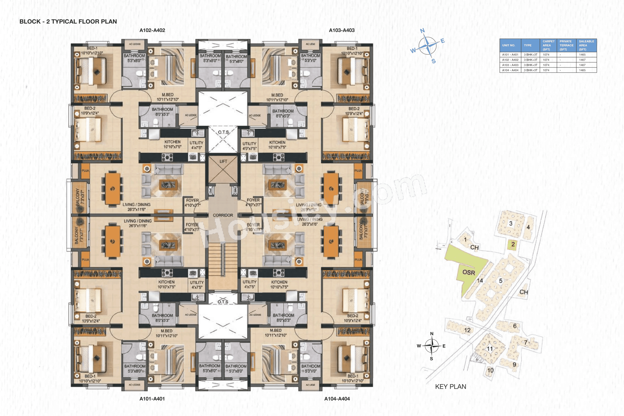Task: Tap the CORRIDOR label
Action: click(223, 215)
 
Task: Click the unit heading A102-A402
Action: click(152, 30)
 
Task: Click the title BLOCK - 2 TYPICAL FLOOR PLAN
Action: click(68, 21)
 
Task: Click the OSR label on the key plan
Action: click(469, 272)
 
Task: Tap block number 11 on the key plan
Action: click(490, 349)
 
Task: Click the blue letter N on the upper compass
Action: click(422, 31)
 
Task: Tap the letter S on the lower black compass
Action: click(431, 359)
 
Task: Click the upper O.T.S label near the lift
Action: click(223, 132)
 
